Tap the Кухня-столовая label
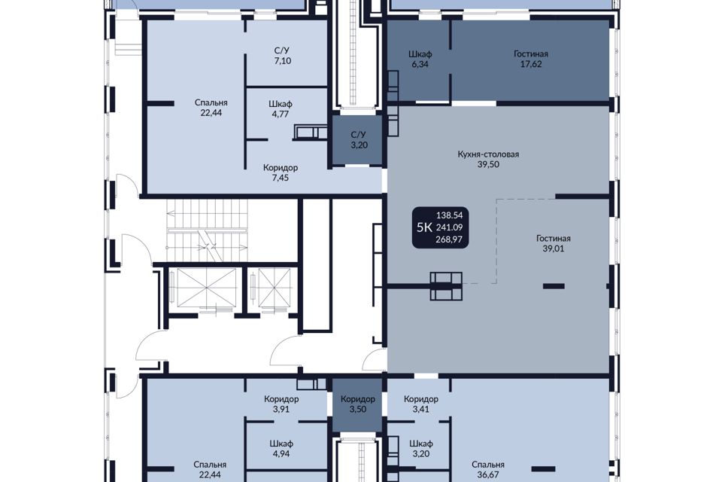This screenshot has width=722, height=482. tap(488, 154)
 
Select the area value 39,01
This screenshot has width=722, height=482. tap(553, 249)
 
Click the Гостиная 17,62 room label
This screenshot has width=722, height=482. tap(531, 59)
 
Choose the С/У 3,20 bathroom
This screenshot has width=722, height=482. tap(358, 140)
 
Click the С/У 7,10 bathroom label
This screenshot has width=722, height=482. tap(282, 55)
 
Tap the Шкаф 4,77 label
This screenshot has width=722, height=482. tap(281, 109)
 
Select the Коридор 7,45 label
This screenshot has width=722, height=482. tap(281, 172)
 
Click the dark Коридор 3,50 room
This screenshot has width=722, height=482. tap(358, 404)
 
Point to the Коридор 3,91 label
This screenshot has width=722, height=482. tap(281, 404)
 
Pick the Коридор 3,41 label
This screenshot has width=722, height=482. tap(421, 404)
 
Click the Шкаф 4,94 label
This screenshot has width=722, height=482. tap(281, 449)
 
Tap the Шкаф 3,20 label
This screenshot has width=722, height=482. tap(421, 448)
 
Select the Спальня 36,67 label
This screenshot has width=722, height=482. tap(488, 469)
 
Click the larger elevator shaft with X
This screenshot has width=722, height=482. tap(206, 287)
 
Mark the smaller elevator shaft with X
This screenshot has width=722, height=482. tap(275, 287)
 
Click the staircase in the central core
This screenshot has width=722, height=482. tap(208, 230)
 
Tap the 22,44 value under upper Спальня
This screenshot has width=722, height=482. tap(211, 112)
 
